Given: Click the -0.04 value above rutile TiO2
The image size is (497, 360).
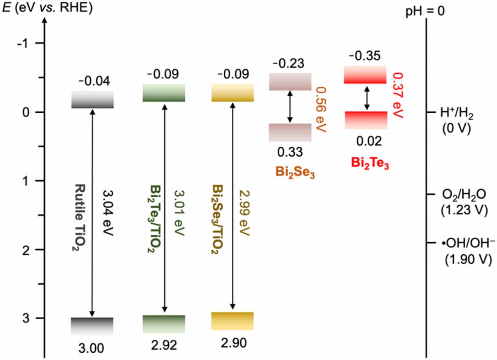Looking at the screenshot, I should click(94, 81).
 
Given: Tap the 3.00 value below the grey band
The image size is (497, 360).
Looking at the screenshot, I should click(91, 348).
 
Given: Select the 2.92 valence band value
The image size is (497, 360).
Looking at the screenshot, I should click(164, 345).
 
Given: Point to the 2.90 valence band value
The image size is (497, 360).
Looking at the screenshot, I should click(233, 343).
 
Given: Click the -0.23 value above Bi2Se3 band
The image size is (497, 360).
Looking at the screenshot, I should click(288, 64).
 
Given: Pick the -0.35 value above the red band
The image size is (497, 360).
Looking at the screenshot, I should click(365, 56).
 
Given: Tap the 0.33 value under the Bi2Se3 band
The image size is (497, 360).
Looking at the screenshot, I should click(290, 152).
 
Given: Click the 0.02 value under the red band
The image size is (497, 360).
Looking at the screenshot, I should click(369, 141).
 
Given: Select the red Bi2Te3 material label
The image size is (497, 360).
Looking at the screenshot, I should click(370, 163).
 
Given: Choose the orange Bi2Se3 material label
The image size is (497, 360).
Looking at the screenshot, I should click(295, 172).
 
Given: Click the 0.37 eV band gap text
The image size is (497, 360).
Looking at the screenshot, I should click(398, 95).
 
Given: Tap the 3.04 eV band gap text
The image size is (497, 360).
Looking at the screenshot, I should click(108, 213).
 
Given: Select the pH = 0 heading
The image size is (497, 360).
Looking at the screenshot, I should click(425, 11).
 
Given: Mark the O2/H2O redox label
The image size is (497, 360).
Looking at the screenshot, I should click(463, 194).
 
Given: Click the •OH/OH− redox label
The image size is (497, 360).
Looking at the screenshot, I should click(468, 243).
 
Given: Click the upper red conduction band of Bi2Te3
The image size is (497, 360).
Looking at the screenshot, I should click(365, 75).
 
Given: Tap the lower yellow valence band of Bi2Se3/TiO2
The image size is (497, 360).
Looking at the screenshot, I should click(232, 321).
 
